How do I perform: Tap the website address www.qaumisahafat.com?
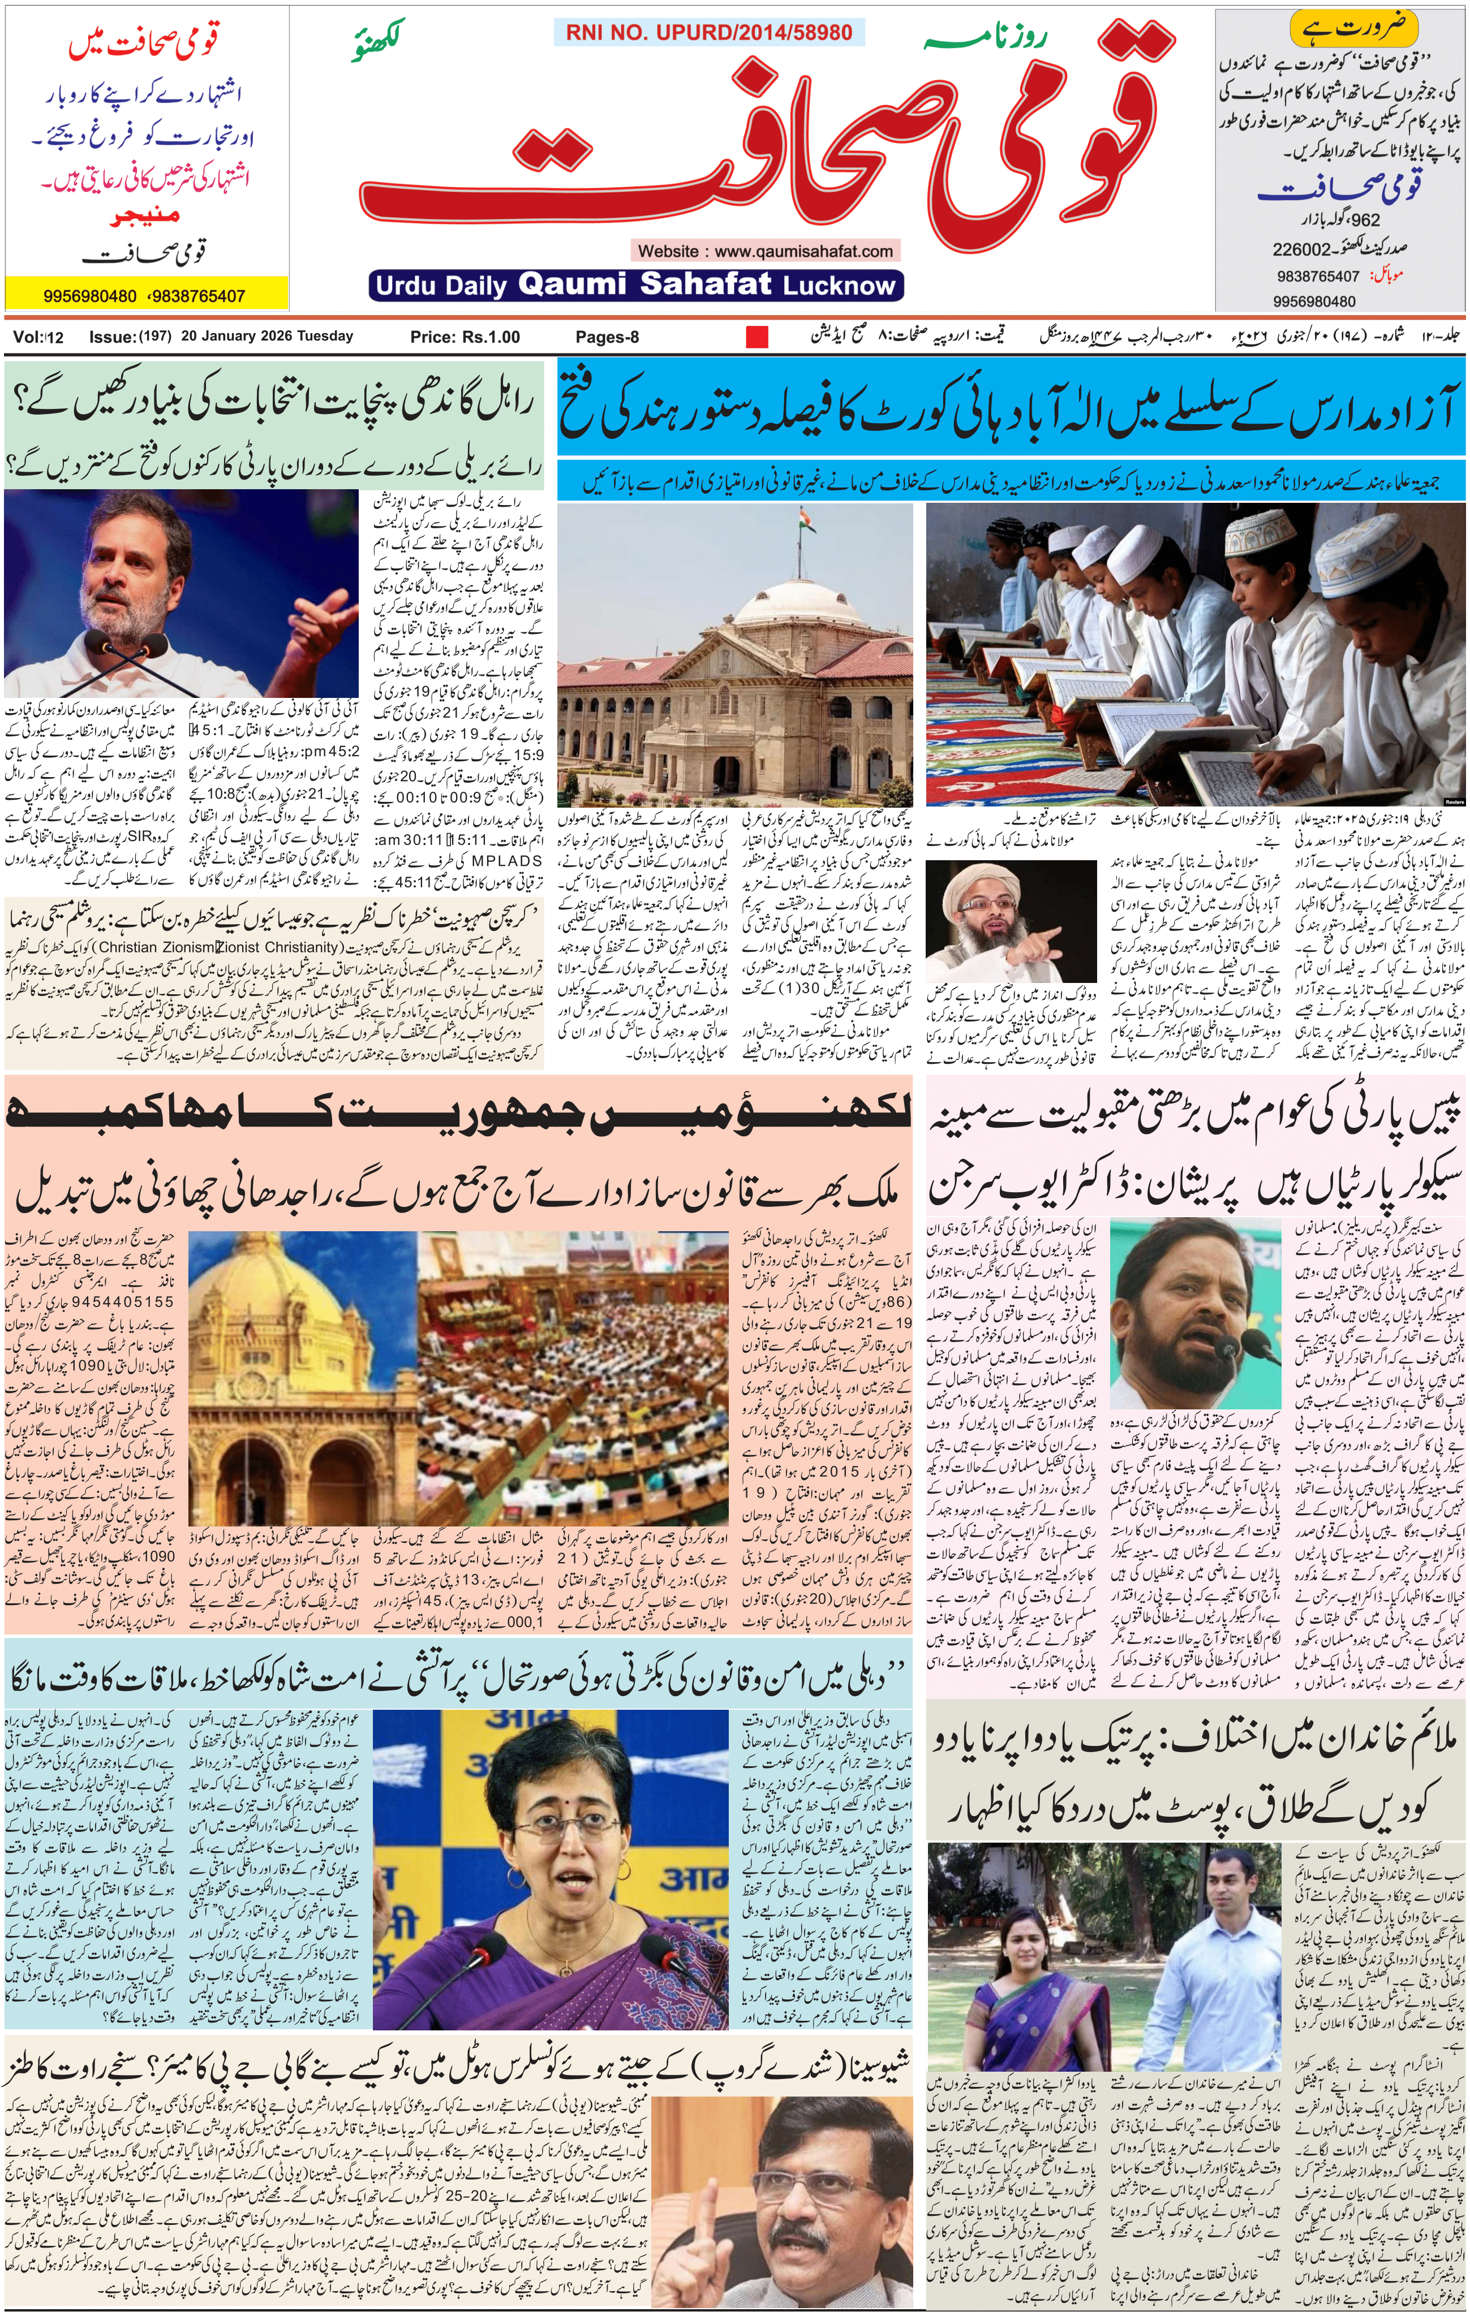pos(765,251)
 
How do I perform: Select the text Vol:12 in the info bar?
pos(38,337)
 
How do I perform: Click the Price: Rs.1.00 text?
pos(465,337)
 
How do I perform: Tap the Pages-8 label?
pos(607,337)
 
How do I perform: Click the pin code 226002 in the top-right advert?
pos(1301,249)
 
